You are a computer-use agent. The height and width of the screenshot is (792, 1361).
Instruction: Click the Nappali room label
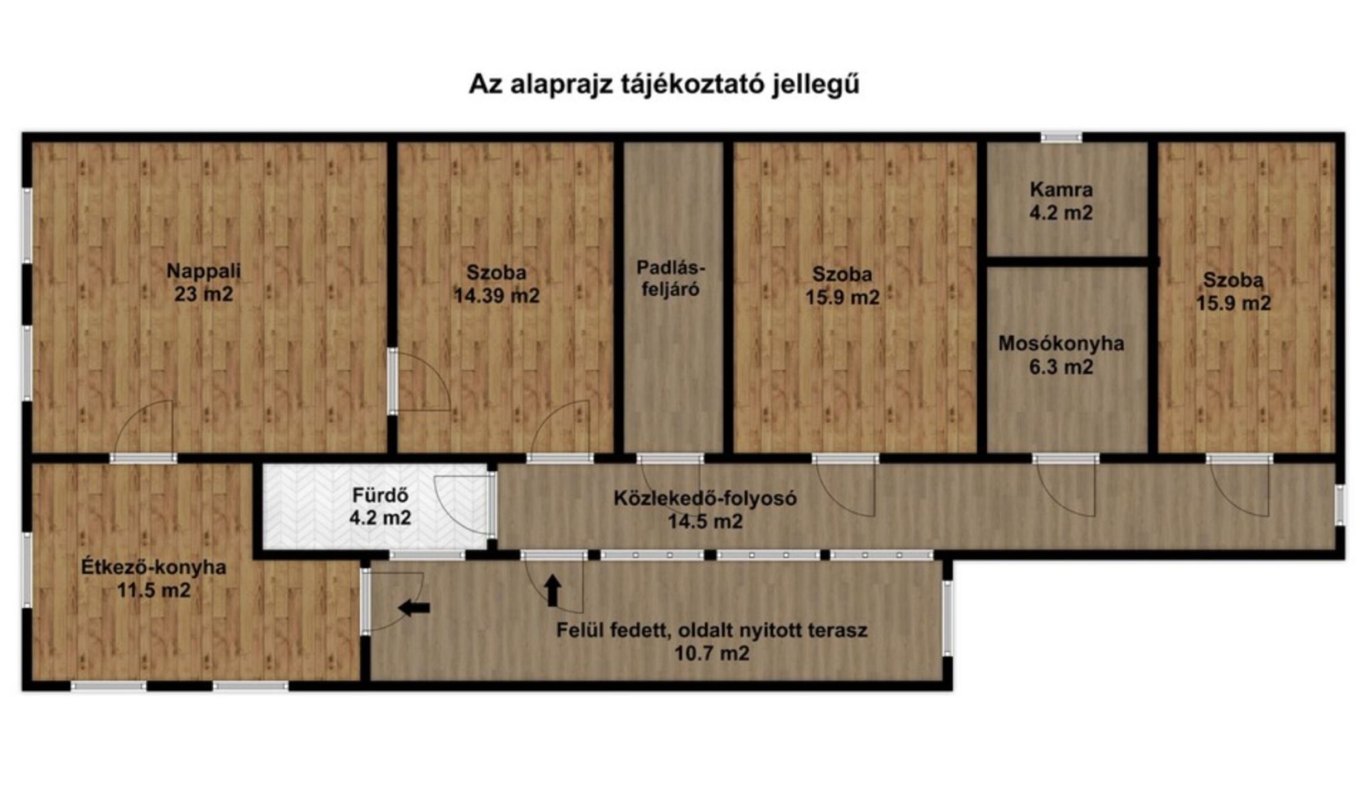tap(204, 271)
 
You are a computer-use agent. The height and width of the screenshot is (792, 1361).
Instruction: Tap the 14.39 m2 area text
tap(497, 296)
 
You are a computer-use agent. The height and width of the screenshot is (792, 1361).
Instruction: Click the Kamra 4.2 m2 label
tap(1061, 201)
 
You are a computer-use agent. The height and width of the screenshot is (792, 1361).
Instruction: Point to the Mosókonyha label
tap(1061, 343)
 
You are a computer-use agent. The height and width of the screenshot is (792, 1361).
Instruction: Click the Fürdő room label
tap(380, 495)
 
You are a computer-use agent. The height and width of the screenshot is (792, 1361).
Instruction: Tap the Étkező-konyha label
tap(154, 567)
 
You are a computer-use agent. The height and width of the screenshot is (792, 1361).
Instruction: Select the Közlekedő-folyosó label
tap(705, 498)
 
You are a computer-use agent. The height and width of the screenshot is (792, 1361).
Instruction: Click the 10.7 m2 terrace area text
tap(711, 653)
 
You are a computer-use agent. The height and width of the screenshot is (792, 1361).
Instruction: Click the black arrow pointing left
tap(414, 608)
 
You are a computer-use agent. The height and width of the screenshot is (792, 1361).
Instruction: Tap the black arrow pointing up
tap(552, 591)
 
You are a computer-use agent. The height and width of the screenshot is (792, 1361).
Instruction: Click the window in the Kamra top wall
tap(1061, 137)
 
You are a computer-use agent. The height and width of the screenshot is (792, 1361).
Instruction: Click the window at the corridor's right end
tap(1339, 505)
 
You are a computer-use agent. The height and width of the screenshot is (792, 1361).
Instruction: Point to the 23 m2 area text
tap(204, 294)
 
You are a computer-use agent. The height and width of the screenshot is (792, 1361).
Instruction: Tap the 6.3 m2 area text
tap(1061, 367)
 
